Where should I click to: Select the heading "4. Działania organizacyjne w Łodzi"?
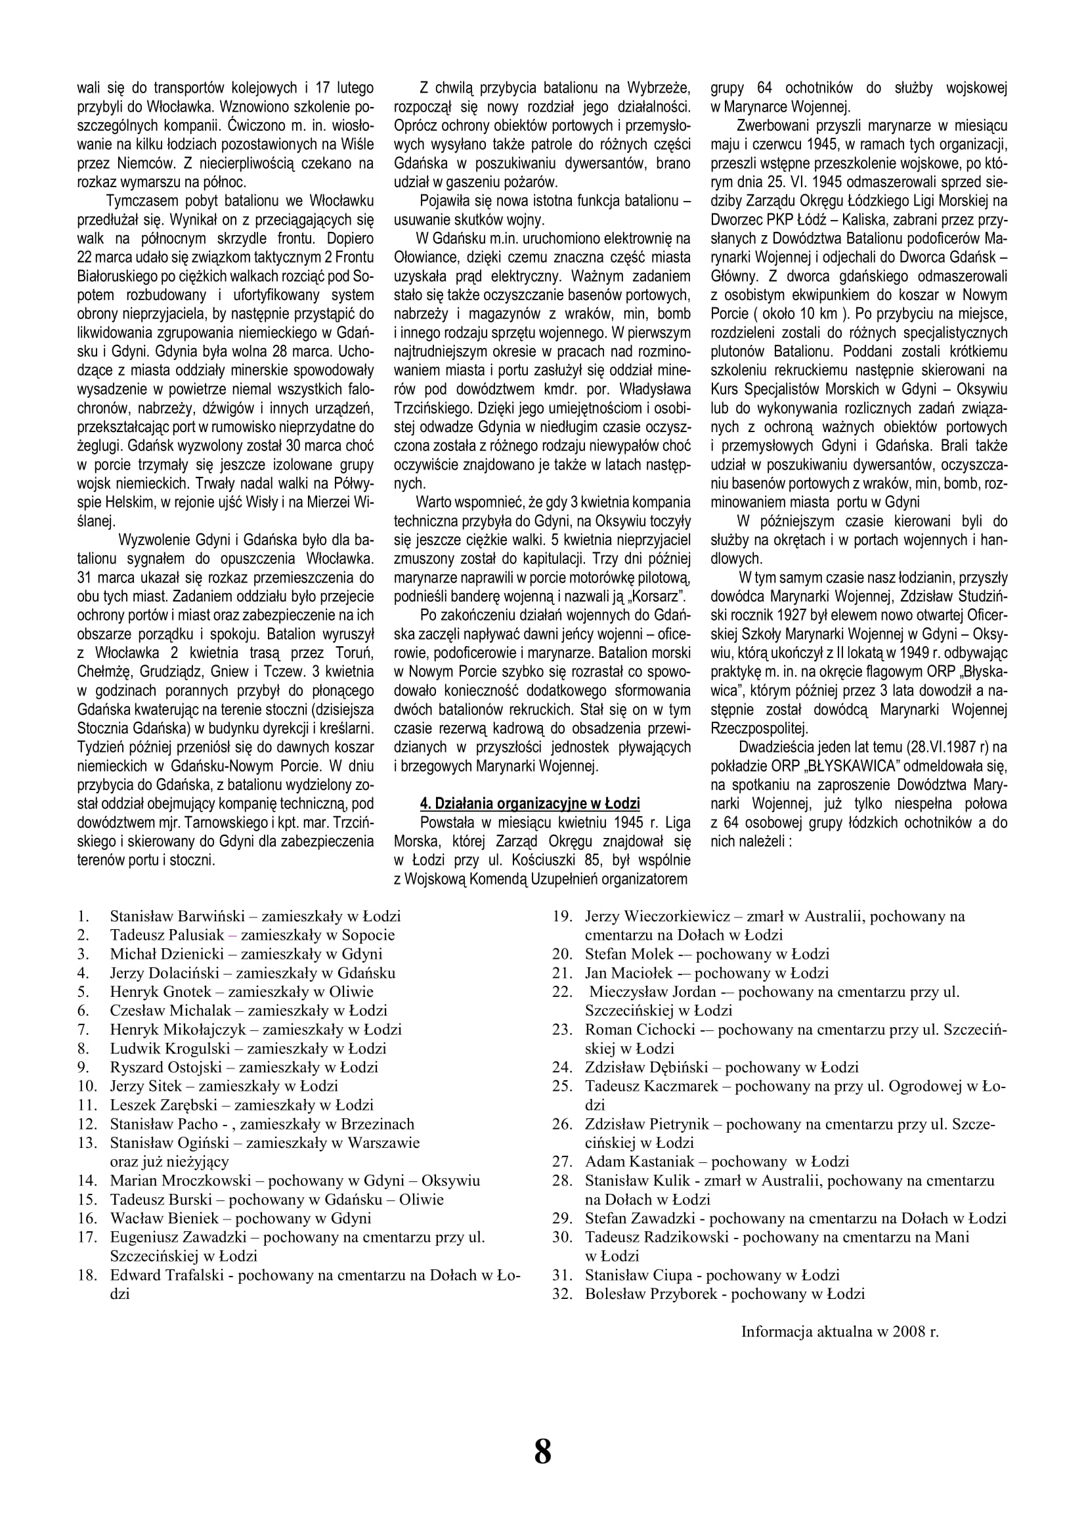[530, 803]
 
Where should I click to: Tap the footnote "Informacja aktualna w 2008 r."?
[839, 1331]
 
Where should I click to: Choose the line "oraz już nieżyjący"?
[169, 1162]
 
